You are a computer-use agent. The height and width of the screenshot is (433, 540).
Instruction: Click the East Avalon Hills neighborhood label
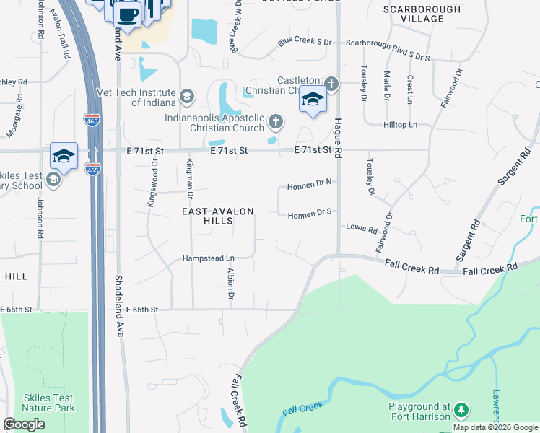tap(217, 216)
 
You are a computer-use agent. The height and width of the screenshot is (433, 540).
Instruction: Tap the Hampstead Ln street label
tap(208, 258)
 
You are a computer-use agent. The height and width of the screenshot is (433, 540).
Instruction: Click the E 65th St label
tap(141, 309)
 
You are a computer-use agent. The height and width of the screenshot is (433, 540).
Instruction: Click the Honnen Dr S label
tap(309, 214)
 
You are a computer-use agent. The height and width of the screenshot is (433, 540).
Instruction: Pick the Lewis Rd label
tap(362, 229)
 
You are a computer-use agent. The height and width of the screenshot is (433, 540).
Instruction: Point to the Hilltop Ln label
tap(402, 125)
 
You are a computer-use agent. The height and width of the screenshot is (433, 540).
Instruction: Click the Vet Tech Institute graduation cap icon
tap(187, 96)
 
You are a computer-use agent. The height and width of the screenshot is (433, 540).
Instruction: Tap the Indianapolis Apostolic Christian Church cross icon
tap(274, 121)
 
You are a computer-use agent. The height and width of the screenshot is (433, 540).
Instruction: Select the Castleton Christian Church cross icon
tap(331, 84)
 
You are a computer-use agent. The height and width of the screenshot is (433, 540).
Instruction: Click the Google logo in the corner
tap(24, 424)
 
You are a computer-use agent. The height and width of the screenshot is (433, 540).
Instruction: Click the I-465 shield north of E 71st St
tap(92, 120)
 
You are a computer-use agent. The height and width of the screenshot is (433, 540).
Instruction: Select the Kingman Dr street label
tap(190, 178)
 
